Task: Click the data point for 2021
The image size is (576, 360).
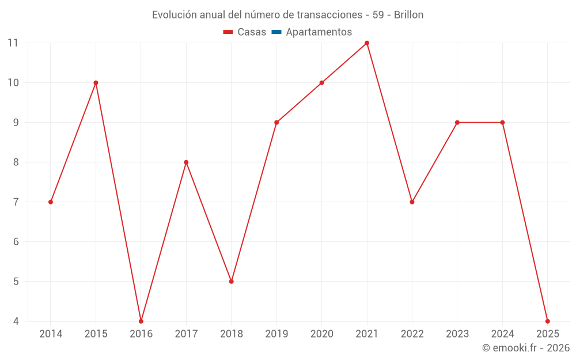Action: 367,43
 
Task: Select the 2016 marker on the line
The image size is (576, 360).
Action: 141,321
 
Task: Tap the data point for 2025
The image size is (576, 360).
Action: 547,321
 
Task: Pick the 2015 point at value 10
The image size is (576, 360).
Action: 96,83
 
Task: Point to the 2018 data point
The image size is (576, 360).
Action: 231,281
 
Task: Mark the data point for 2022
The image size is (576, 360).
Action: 412,202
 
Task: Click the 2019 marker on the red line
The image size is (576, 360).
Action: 276,122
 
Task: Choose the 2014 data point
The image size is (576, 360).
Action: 51,202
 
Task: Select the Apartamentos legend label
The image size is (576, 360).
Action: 319,32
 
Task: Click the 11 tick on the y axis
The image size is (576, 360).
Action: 13,43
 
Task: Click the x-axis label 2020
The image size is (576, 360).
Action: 321,334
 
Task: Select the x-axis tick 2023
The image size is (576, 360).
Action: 457,334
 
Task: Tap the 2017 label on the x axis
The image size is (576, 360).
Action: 186,334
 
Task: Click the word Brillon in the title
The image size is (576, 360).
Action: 408,15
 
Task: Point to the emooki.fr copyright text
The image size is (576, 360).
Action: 526,348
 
